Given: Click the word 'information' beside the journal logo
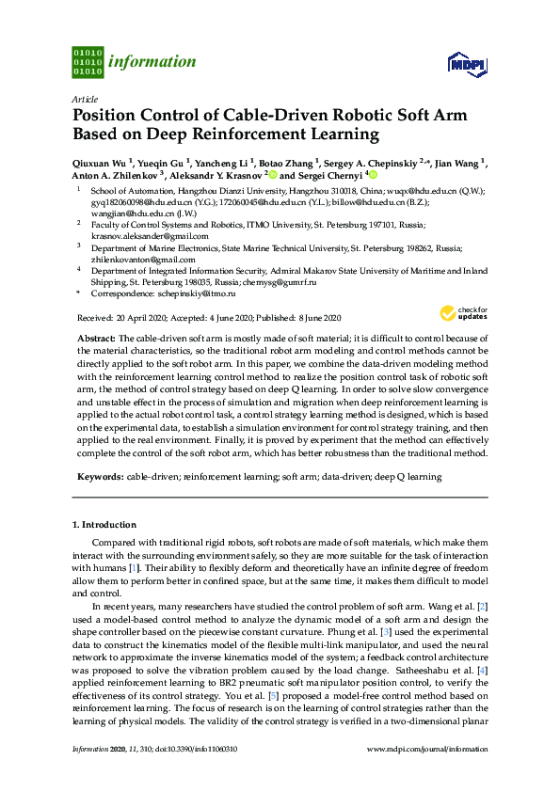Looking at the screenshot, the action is [x=152, y=62].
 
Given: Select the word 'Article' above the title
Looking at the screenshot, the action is [x=84, y=98].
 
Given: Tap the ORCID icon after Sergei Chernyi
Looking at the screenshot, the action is [x=373, y=175].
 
